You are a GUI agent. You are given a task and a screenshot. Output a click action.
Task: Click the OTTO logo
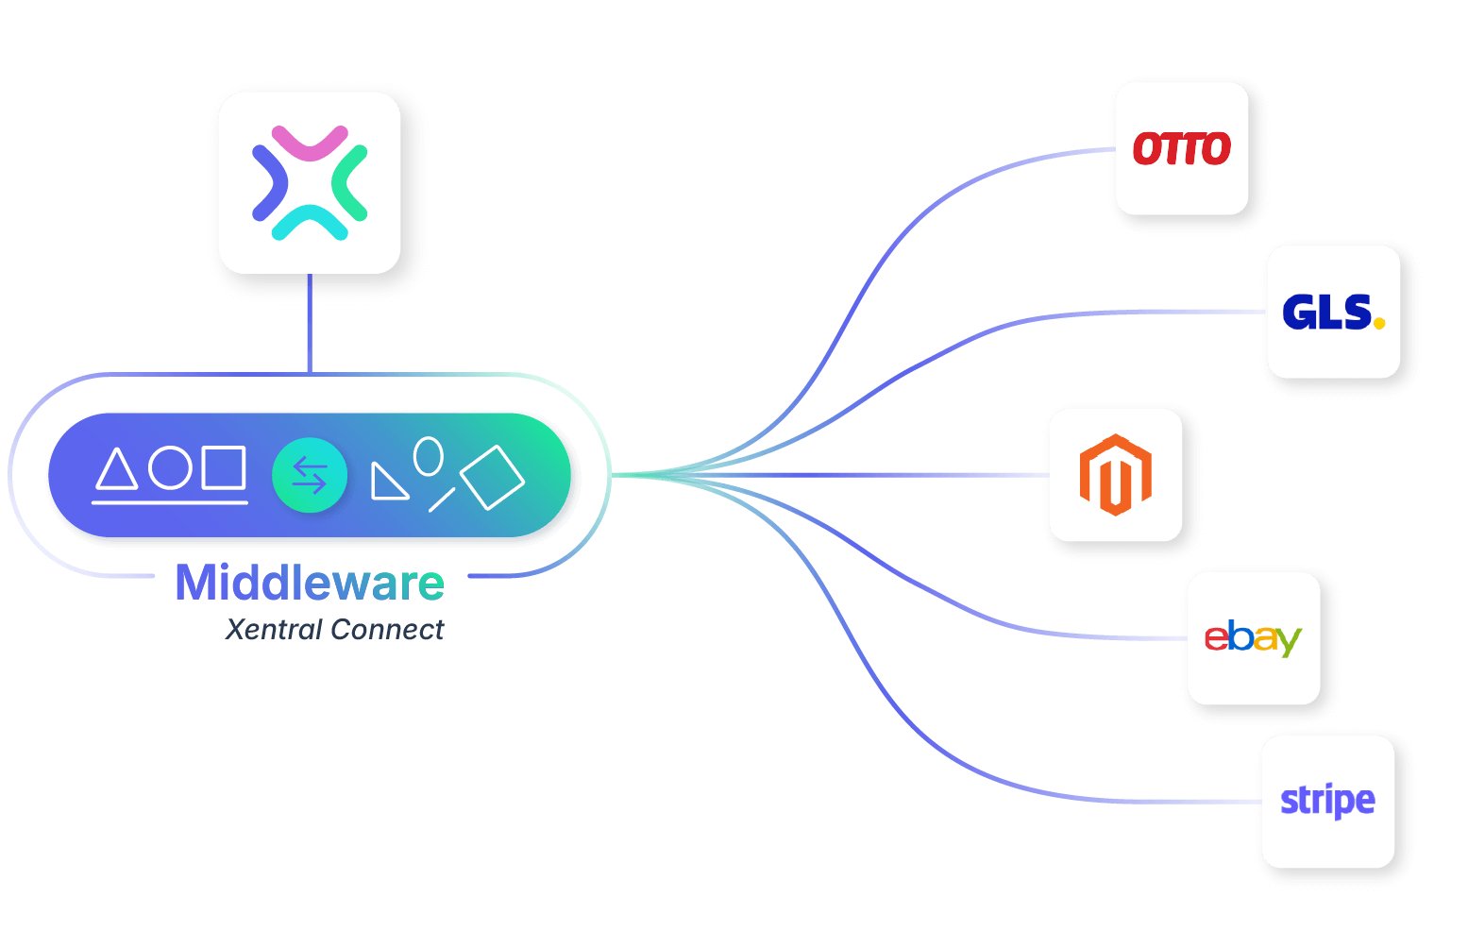[x=1181, y=149]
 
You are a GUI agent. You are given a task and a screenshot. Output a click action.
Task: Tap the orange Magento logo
[x=1115, y=475]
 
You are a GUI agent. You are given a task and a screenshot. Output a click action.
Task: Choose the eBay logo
[x=1253, y=638]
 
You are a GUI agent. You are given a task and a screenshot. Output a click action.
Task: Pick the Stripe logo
[x=1327, y=802]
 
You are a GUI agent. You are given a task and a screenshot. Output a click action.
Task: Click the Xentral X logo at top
[x=310, y=182]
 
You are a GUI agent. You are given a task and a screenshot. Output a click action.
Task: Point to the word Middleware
[x=310, y=583]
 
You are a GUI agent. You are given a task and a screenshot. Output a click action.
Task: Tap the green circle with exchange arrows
[x=310, y=475]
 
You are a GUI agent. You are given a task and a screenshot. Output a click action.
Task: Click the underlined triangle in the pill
[x=117, y=469]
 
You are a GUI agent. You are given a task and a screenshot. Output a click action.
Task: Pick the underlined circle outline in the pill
[x=171, y=467]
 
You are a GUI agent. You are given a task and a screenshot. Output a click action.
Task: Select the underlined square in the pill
[x=225, y=467]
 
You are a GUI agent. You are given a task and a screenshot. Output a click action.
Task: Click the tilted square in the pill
[x=492, y=478]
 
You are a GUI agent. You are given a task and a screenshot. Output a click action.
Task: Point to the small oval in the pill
[x=429, y=456]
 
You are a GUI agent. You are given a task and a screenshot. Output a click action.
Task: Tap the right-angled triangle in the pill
[x=386, y=482]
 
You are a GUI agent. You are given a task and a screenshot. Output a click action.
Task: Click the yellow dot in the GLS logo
[x=1379, y=323]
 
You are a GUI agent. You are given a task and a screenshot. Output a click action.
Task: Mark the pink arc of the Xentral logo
[x=311, y=143]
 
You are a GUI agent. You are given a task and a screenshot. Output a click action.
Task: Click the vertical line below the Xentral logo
[x=310, y=323]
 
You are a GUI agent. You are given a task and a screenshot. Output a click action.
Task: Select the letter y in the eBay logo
[x=1289, y=642]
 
